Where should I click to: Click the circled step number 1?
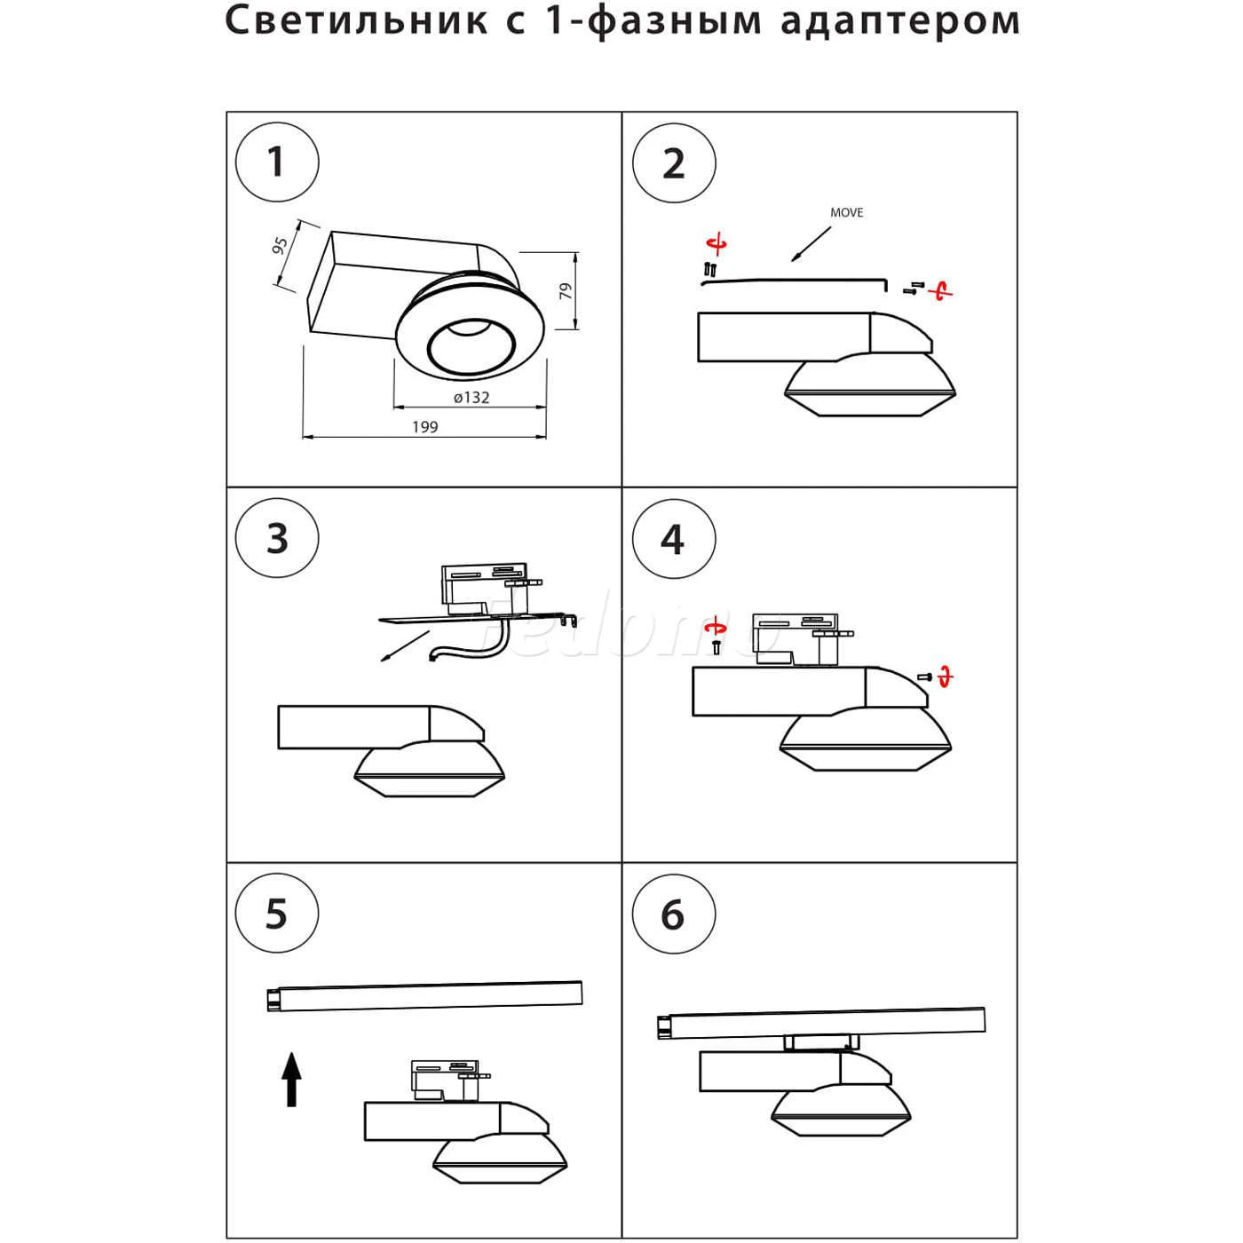276,163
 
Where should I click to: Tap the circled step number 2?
673,164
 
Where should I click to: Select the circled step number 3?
276,539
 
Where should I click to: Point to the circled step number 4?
673,539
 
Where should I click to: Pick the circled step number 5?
276,914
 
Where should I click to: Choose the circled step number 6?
673,914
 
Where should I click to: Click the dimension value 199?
425,427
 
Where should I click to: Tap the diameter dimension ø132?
471,398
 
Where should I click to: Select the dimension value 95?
280,246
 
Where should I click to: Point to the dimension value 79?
566,291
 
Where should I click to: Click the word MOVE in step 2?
846,213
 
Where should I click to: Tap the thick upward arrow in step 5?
291,1078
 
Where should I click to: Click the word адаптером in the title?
900,21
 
